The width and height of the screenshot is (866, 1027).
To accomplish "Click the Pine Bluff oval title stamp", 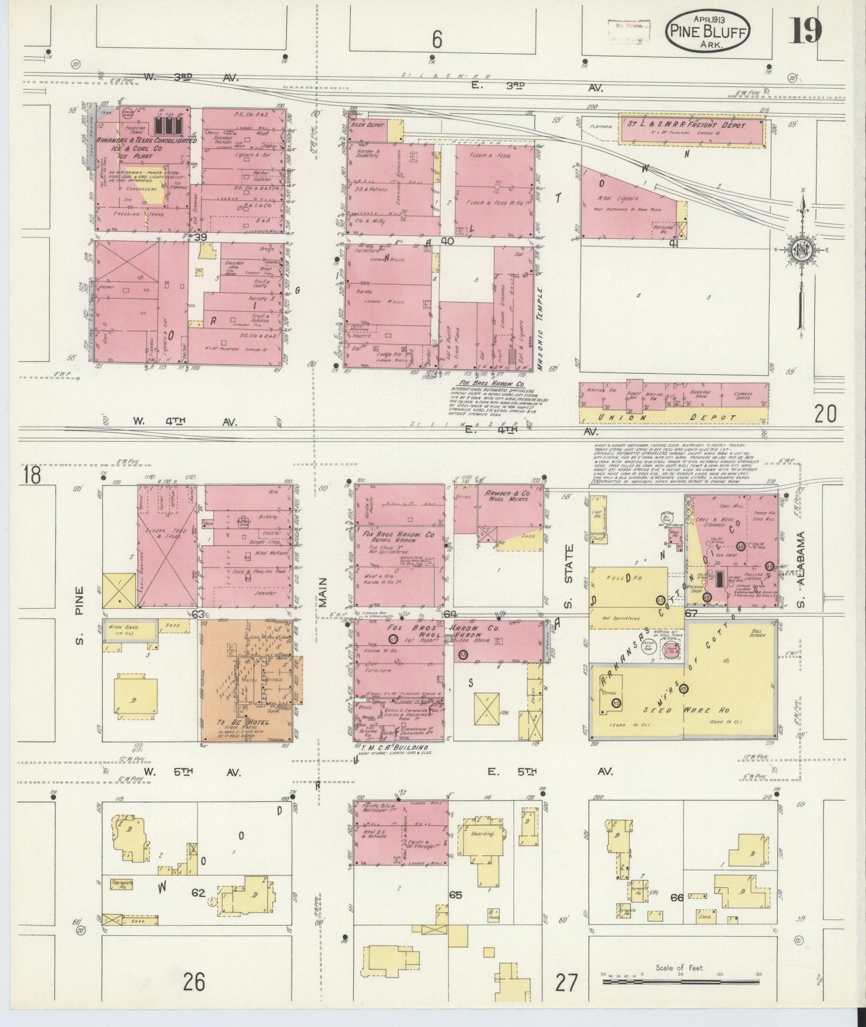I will [x=707, y=29].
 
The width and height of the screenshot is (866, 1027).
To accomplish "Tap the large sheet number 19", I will [x=805, y=30].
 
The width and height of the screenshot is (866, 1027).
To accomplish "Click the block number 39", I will [x=200, y=237].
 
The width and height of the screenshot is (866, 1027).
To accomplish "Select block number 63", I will [x=198, y=614].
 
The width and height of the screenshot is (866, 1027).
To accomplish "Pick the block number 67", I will [x=691, y=613].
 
